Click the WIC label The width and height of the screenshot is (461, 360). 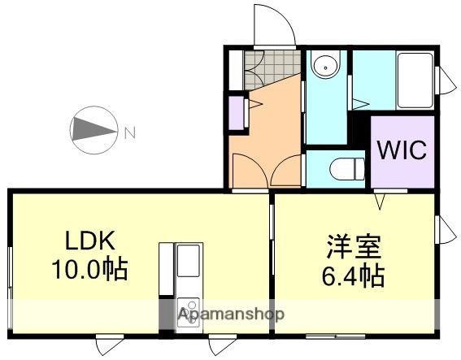pos(401,151)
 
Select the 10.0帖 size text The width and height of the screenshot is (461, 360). pos(91,269)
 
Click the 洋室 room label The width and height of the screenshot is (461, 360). pos(351,245)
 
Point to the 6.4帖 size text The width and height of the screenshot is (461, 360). pos(351,275)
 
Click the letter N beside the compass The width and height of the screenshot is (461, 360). pos(129,128)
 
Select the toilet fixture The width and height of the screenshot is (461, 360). pos(342,169)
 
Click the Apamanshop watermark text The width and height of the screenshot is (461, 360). pos(231,314)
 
